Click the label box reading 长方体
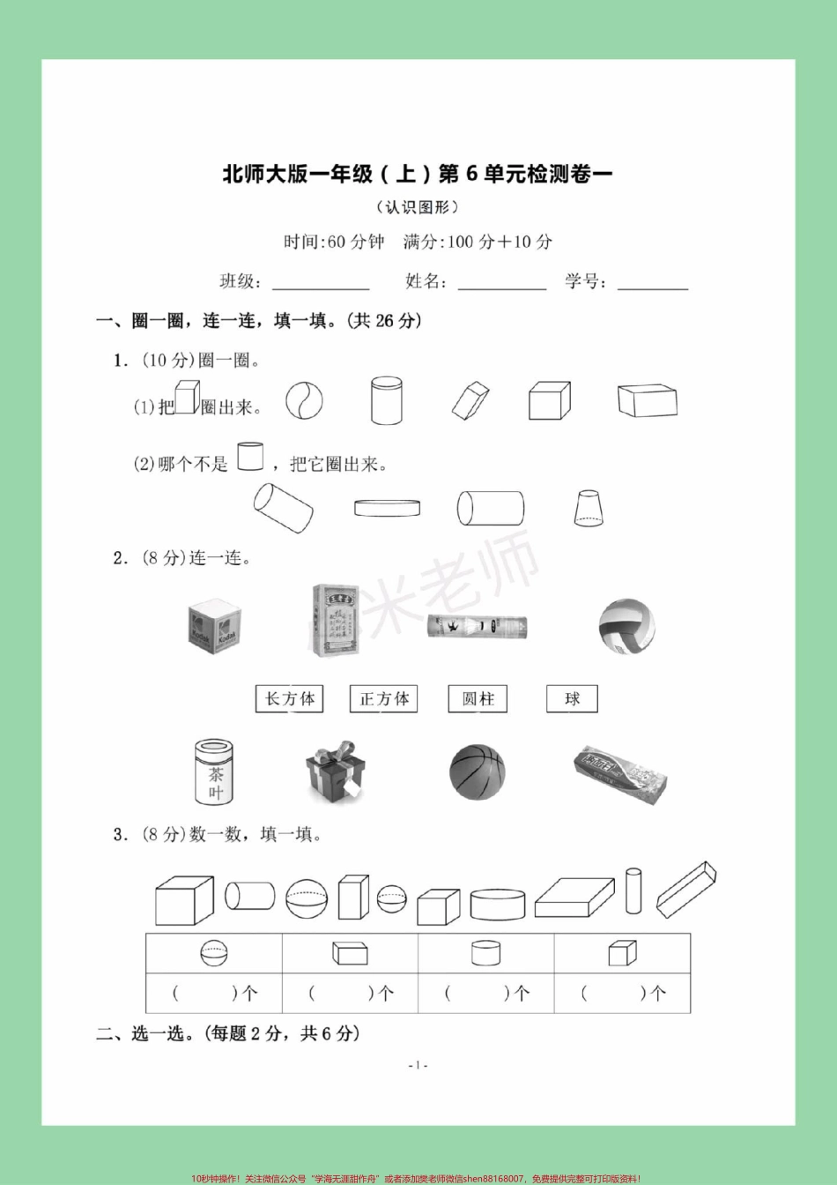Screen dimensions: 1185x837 289,699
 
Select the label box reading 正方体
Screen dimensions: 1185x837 384,699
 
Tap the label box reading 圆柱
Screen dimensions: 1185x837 478,699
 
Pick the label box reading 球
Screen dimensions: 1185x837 573,699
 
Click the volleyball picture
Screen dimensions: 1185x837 626,626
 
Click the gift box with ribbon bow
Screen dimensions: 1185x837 335,771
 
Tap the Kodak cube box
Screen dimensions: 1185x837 214,627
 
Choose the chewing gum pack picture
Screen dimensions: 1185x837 619,773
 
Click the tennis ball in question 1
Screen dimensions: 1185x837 304,401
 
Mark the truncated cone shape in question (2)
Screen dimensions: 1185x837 589,508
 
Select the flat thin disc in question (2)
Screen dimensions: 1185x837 387,508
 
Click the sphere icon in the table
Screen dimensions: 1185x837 213,953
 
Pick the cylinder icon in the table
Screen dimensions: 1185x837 485,953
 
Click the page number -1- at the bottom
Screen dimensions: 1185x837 418,1065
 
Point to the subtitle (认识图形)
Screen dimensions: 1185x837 418,207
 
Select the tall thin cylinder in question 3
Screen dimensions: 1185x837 633,891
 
